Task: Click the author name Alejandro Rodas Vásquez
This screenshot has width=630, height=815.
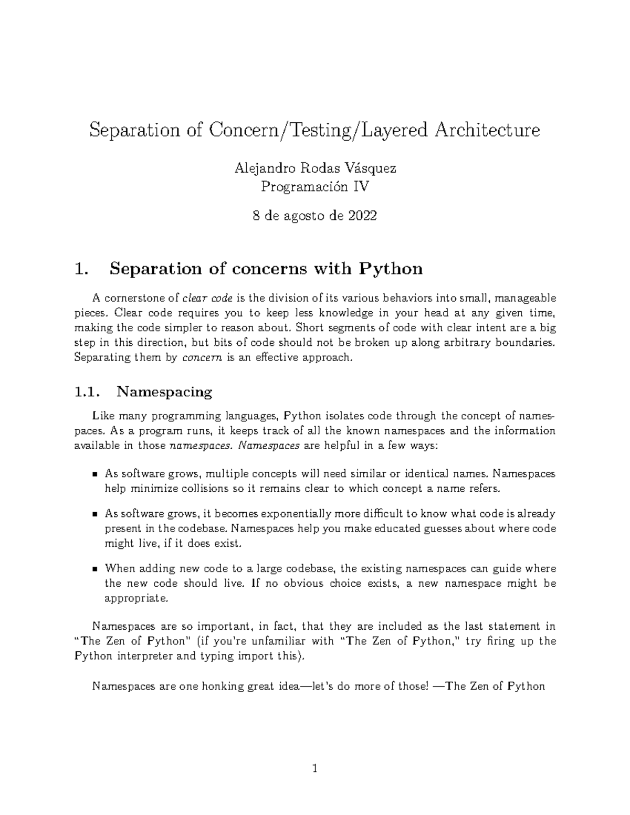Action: pyautogui.click(x=315, y=168)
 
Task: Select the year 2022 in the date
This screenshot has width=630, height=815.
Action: pyautogui.click(x=363, y=216)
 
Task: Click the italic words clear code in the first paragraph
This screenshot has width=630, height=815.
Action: pyautogui.click(x=208, y=299)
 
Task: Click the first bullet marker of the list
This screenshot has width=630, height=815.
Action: pyautogui.click(x=95, y=474)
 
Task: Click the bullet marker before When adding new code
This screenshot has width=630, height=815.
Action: pyautogui.click(x=95, y=569)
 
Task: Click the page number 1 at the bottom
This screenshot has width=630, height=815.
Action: pyautogui.click(x=315, y=770)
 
